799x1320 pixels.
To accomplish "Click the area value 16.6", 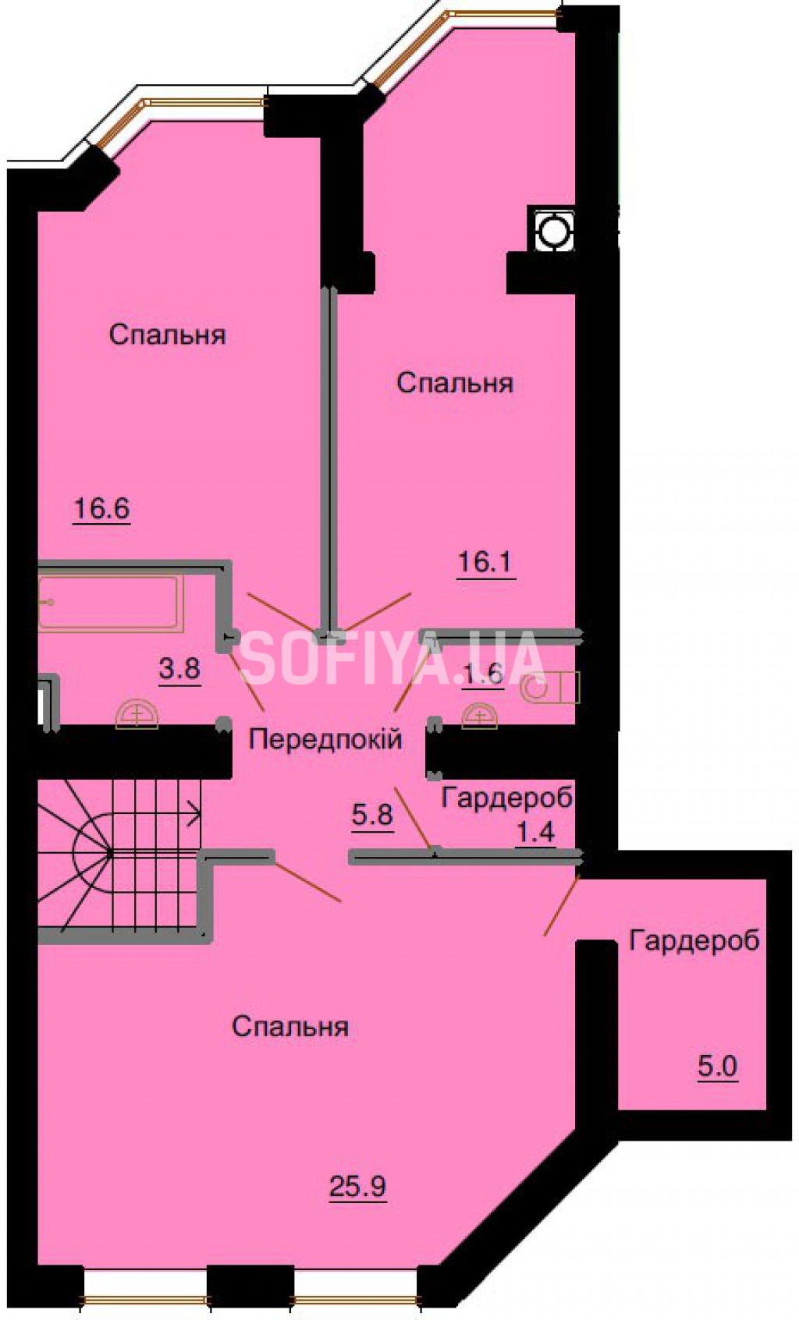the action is coord(102,508).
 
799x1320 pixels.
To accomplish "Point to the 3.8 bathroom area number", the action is coord(179,669).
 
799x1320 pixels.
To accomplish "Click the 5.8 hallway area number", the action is coord(373,815).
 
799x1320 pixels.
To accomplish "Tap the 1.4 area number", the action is coord(535,832).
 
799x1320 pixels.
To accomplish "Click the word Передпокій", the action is coord(325,739).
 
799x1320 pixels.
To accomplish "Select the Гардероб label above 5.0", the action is coord(694,940).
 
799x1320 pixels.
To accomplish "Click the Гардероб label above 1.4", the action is coord(507,798).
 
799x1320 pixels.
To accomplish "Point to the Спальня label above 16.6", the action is coord(168,334).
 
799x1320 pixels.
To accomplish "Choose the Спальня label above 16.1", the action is coord(455,383).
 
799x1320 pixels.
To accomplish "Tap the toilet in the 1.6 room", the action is coord(549,687).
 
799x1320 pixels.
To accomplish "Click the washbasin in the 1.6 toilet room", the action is coord(479,716).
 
